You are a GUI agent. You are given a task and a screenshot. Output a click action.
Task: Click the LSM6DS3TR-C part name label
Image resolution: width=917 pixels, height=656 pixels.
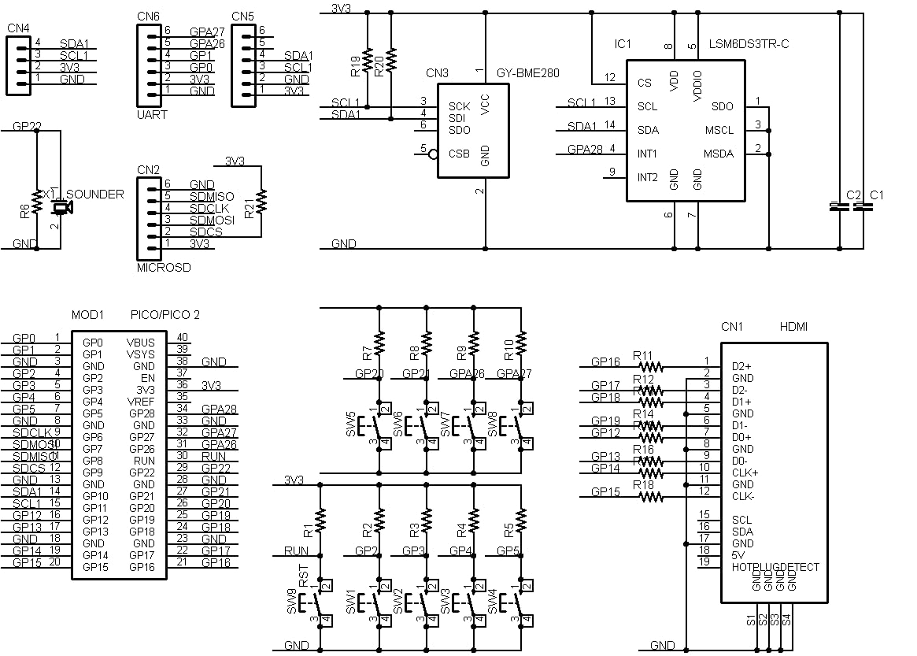(749, 43)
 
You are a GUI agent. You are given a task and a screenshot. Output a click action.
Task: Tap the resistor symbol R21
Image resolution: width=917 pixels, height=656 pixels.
(261, 201)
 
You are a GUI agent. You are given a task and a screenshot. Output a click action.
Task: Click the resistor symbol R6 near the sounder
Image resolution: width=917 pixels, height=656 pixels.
(36, 202)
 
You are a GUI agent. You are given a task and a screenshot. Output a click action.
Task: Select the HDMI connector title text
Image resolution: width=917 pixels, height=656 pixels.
(793, 326)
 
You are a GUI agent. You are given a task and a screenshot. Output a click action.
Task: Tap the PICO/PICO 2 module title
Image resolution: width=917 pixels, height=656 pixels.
(165, 314)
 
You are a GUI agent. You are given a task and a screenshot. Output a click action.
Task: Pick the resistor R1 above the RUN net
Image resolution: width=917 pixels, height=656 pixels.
(320, 519)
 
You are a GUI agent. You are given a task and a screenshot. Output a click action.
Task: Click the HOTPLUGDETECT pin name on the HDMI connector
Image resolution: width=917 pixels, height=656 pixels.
(775, 567)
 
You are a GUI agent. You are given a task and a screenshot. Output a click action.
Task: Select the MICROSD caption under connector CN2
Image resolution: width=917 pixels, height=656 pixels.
(163, 268)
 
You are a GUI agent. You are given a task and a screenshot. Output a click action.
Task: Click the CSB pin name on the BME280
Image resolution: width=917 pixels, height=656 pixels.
(459, 154)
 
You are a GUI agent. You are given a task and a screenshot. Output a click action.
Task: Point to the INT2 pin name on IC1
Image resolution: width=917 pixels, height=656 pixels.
(647, 177)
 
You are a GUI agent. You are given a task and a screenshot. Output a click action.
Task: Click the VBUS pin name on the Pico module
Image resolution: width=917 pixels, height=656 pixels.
(140, 343)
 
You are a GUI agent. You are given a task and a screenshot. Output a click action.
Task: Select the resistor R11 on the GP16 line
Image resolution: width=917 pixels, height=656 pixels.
(650, 366)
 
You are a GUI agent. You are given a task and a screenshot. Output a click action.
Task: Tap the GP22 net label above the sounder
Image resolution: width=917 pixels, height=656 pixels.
(27, 125)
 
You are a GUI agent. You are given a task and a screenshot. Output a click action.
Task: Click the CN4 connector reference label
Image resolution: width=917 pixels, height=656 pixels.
(17, 28)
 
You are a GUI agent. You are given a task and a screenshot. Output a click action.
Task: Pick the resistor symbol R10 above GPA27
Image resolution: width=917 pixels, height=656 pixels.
(520, 343)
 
